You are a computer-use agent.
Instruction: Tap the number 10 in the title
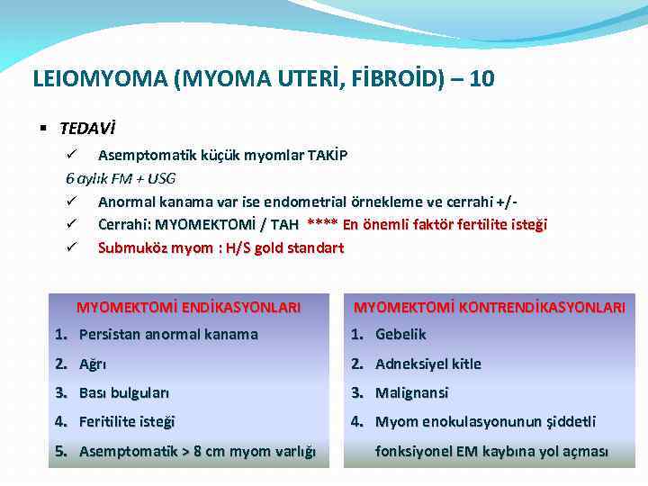[481, 79]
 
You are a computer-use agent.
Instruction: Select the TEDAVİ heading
[87, 130]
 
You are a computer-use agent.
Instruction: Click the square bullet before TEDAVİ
[44, 130]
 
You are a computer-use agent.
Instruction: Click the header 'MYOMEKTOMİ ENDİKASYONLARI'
[188, 307]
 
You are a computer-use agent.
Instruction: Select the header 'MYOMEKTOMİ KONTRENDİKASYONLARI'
[489, 307]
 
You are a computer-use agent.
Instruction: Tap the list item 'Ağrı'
[93, 364]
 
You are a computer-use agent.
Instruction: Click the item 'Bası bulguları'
[124, 392]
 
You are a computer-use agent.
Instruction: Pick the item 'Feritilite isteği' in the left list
[127, 421]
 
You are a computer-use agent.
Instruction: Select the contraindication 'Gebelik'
[400, 335]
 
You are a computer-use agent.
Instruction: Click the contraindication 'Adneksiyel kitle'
[427, 364]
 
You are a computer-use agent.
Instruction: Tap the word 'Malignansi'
[411, 392]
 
